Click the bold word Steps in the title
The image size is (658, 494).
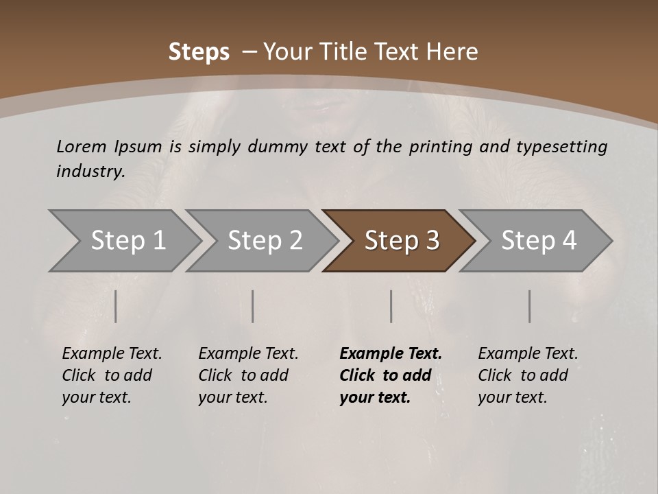(199, 52)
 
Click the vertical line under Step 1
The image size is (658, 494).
(116, 306)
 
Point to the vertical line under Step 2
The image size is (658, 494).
(253, 306)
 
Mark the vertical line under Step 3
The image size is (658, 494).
(391, 306)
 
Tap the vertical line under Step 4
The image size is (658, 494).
(529, 306)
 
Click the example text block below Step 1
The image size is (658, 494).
(112, 375)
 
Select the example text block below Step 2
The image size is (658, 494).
(248, 375)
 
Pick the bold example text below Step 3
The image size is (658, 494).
(391, 375)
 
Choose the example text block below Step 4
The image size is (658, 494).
(528, 375)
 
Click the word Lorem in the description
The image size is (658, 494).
(82, 146)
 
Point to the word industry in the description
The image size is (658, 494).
(90, 172)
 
